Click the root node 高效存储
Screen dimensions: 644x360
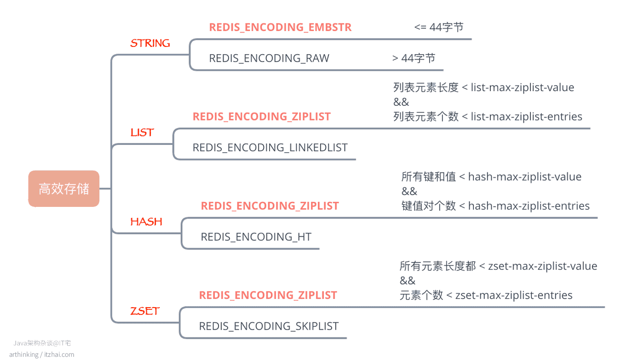click(x=64, y=189)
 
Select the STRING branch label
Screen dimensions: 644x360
click(x=150, y=43)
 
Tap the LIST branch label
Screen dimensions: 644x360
click(x=142, y=132)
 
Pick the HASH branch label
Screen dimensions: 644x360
click(x=146, y=222)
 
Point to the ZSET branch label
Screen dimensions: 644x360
click(x=144, y=311)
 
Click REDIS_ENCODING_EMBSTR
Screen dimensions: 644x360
click(x=280, y=27)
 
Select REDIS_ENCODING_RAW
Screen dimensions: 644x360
click(x=269, y=58)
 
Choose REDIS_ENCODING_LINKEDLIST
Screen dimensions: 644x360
click(x=270, y=148)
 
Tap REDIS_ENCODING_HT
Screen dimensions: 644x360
click(x=256, y=237)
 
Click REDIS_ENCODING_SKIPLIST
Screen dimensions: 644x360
click(x=269, y=326)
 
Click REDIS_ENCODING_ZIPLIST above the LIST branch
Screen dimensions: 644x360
click(x=262, y=117)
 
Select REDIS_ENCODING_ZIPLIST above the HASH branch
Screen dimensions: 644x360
click(x=270, y=206)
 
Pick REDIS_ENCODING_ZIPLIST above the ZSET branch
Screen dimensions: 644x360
click(x=268, y=295)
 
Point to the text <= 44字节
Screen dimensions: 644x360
click(x=439, y=27)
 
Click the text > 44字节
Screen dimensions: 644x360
click(x=414, y=58)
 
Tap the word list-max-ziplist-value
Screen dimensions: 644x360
click(x=523, y=87)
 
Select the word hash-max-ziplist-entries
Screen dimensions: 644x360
click(x=529, y=206)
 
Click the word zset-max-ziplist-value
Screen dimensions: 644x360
click(x=542, y=266)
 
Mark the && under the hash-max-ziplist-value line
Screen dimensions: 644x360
click(x=409, y=191)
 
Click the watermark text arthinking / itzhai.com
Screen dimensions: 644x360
click(x=42, y=354)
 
